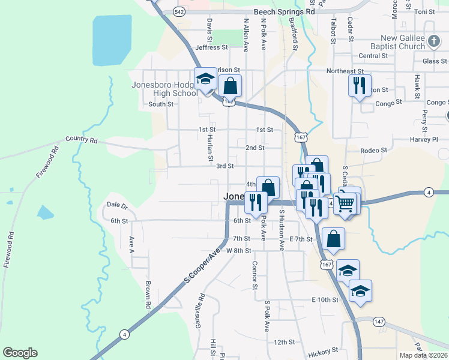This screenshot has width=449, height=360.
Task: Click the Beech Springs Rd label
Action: point(284,11)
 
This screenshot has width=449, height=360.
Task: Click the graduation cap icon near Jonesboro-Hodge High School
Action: point(206,80)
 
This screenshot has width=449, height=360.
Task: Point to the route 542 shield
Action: point(179,11)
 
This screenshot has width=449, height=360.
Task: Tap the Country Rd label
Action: point(82,139)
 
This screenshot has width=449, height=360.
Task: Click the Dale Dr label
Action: point(118,205)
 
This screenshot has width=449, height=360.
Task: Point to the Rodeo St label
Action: point(373,150)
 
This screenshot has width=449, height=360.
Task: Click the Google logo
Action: point(20,353)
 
